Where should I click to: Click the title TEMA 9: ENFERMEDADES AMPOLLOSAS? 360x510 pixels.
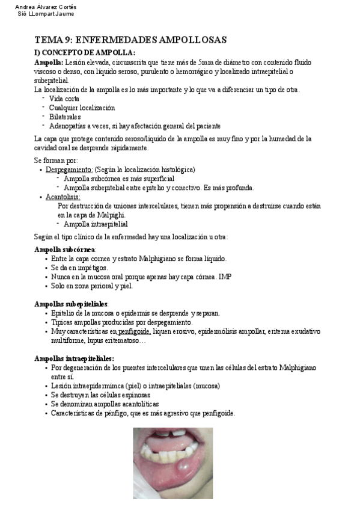point(130,40)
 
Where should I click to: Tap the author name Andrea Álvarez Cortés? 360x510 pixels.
point(45,7)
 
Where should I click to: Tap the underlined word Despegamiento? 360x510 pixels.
point(69,170)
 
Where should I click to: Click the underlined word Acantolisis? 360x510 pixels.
point(63,197)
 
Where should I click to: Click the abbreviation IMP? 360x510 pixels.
point(225,277)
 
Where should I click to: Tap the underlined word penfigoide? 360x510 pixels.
point(135,331)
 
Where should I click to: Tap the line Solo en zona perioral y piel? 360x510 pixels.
point(91,286)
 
